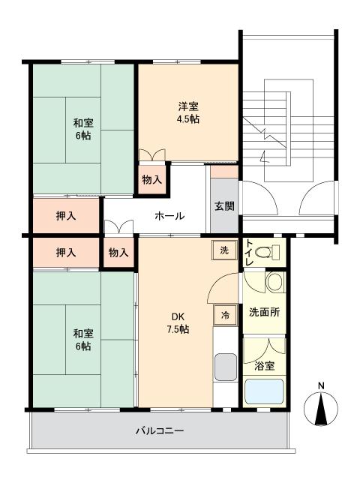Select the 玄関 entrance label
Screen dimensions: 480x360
[223, 206]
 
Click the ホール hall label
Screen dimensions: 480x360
[169, 216]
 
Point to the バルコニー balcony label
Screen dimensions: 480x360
[159, 431]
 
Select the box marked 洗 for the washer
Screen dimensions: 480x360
[223, 250]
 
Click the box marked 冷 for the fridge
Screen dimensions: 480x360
[223, 316]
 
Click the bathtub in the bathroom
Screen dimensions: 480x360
[264, 391]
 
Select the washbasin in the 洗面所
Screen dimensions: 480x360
[274, 283]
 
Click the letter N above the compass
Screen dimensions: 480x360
[321, 387]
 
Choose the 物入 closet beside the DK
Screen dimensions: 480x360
[118, 253]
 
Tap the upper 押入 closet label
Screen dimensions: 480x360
[66, 216]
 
